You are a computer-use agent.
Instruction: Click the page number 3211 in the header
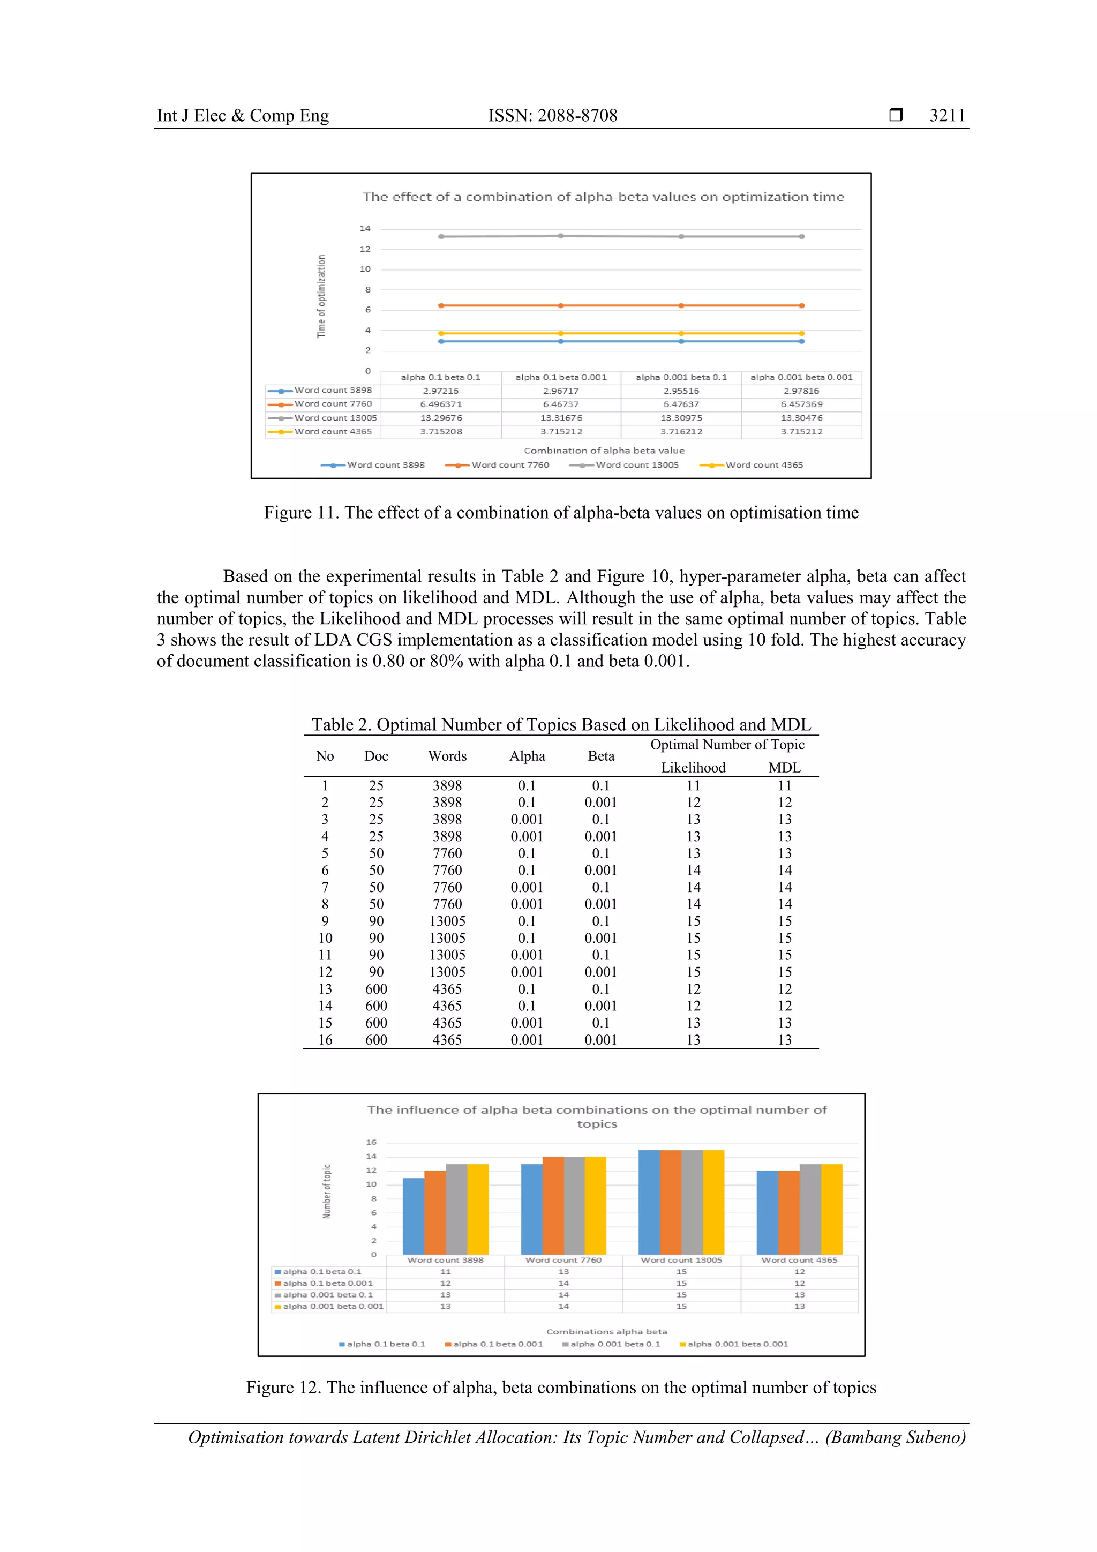(x=947, y=116)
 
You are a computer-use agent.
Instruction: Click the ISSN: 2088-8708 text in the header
(x=552, y=116)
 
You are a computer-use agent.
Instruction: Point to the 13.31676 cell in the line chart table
(x=561, y=418)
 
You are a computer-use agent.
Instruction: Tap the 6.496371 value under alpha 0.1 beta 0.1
(x=441, y=404)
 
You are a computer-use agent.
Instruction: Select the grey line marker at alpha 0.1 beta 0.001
(x=561, y=236)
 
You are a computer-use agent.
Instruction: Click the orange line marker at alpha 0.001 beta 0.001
(x=802, y=305)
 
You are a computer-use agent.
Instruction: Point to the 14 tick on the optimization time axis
(x=365, y=228)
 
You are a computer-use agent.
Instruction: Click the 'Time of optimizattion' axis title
(x=322, y=296)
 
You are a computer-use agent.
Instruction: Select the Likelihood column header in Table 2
(x=693, y=767)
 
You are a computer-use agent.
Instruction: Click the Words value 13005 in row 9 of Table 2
(x=447, y=921)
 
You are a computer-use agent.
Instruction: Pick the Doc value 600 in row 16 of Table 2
(x=376, y=1040)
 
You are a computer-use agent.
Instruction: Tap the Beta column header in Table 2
(x=601, y=756)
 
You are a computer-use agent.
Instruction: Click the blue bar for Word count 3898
(x=413, y=1217)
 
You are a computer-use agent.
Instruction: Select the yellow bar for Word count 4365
(x=831, y=1210)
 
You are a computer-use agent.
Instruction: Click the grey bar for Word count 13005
(x=692, y=1203)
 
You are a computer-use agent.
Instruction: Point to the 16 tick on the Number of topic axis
(x=371, y=1142)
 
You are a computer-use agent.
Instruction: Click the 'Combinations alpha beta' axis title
(x=606, y=1332)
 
